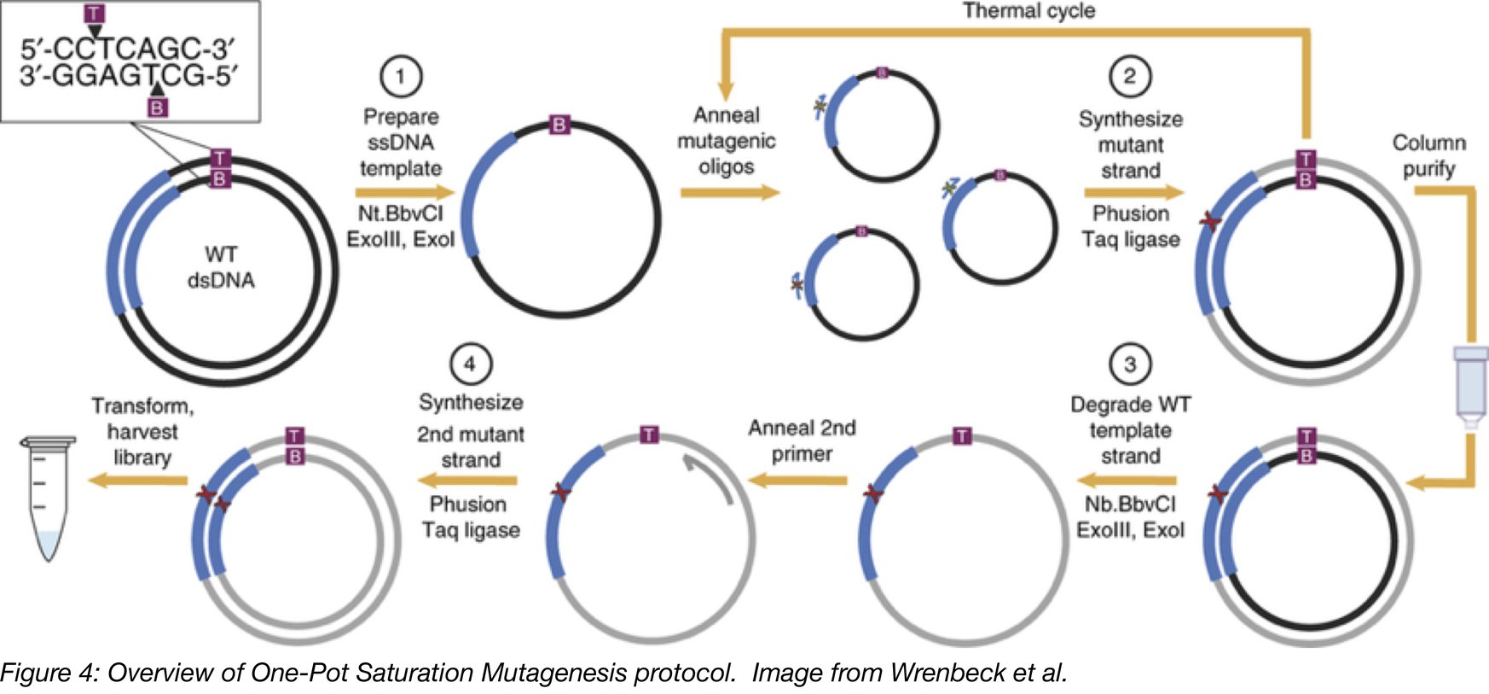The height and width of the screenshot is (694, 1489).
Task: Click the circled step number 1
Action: pyautogui.click(x=401, y=76)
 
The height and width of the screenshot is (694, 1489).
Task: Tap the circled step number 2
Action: pyautogui.click(x=1130, y=76)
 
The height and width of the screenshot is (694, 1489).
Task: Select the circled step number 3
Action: pyautogui.click(x=1130, y=364)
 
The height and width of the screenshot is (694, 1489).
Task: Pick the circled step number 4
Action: pyautogui.click(x=470, y=364)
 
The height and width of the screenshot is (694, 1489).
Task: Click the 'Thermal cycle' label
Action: pyautogui.click(x=1028, y=11)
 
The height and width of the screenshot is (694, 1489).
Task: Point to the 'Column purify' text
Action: pyautogui.click(x=1428, y=155)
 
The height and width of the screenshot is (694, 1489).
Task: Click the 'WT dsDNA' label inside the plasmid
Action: pyautogui.click(x=221, y=267)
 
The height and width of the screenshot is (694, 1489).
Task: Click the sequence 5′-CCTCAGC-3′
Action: pyautogui.click(x=128, y=49)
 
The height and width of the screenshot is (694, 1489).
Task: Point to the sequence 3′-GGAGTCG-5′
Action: pyautogui.click(x=128, y=76)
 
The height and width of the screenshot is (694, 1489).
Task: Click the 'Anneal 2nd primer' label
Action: pyautogui.click(x=802, y=440)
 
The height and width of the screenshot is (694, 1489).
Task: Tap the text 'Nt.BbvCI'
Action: pyautogui.click(x=401, y=213)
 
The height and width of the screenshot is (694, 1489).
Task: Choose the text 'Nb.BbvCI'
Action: pyautogui.click(x=1130, y=504)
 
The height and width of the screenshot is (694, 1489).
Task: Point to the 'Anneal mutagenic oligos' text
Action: pyautogui.click(x=727, y=140)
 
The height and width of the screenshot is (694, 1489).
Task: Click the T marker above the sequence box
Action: pyautogui.click(x=95, y=14)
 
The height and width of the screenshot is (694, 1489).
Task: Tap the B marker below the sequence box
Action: pyautogui.click(x=157, y=108)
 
